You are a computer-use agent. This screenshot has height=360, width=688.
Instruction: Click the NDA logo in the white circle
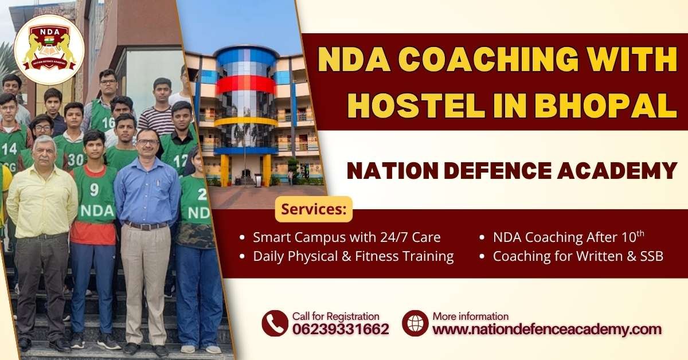[49, 49]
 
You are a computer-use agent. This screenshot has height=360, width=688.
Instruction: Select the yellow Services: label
[314, 209]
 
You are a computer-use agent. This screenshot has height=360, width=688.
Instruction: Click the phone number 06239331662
[341, 329]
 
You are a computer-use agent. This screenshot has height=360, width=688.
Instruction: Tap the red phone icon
[275, 323]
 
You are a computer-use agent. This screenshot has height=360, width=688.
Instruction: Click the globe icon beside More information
[415, 323]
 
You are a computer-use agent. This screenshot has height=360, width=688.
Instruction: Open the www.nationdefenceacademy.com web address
[546, 329]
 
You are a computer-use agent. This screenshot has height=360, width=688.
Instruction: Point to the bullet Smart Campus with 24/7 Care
[347, 237]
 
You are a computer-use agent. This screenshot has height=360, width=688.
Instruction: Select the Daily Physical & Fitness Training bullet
[353, 256]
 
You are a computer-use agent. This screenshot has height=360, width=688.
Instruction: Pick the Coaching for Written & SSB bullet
[578, 256]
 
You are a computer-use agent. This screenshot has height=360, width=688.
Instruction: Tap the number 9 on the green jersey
[94, 189]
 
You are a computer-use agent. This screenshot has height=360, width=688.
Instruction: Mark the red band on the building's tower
[245, 85]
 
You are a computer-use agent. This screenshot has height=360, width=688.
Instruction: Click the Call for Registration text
[335, 316]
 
